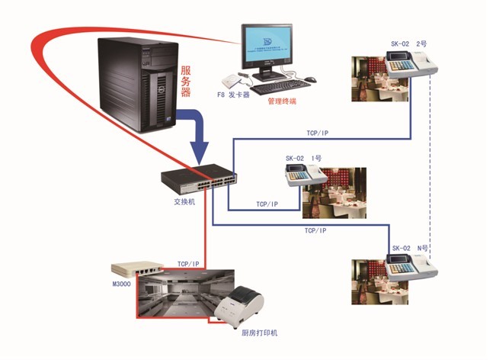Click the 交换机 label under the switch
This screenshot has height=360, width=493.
coord(184,202)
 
